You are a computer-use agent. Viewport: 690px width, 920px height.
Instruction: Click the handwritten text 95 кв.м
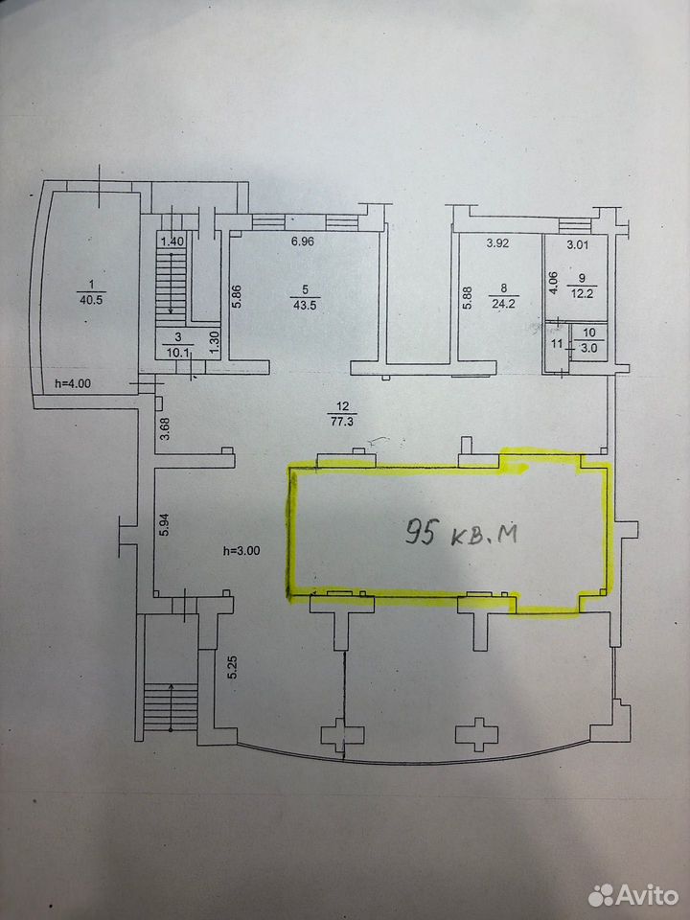tap(462, 533)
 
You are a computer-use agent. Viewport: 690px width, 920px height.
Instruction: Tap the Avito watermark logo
tap(633, 895)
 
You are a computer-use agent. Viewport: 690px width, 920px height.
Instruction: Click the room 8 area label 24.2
tap(503, 304)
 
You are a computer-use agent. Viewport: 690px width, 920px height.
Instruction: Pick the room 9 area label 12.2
tap(582, 293)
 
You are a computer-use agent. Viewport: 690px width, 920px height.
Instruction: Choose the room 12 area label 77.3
tap(343, 421)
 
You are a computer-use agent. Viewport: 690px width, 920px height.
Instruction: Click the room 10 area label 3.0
tap(588, 347)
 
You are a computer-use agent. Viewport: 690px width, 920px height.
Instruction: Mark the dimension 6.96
tap(303, 241)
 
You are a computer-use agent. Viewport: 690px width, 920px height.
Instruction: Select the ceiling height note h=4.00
tap(73, 383)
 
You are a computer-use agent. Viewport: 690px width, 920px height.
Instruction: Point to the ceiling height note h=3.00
tap(241, 550)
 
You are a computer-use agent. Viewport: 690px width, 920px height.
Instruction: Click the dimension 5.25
tap(233, 667)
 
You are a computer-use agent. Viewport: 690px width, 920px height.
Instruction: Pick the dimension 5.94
tap(165, 524)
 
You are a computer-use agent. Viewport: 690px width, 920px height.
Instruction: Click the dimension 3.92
tap(497, 242)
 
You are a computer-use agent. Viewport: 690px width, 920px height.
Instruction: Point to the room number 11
tap(558, 345)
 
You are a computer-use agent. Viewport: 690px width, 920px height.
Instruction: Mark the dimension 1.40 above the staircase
tap(172, 241)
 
